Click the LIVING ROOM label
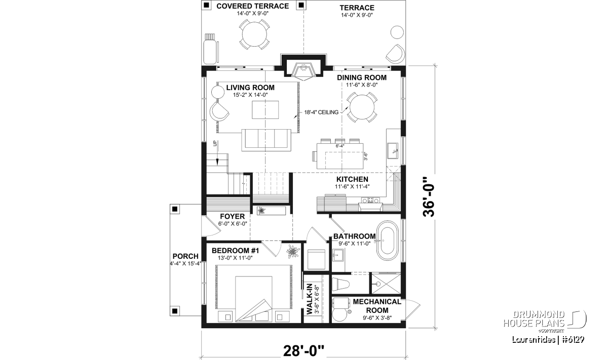(x=250, y=88)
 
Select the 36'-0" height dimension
(x=429, y=197)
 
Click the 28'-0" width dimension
(x=303, y=351)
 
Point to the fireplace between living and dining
(x=303, y=70)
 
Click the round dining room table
(x=362, y=107)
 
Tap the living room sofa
(x=266, y=140)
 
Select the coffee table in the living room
(x=265, y=110)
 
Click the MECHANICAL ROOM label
(x=377, y=306)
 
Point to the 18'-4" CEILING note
(x=321, y=112)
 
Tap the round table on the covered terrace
(x=254, y=34)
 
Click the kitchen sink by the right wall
(x=393, y=150)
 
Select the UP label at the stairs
(x=215, y=143)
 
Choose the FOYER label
(x=233, y=217)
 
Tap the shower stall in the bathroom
(x=386, y=284)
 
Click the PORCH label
(x=185, y=256)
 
